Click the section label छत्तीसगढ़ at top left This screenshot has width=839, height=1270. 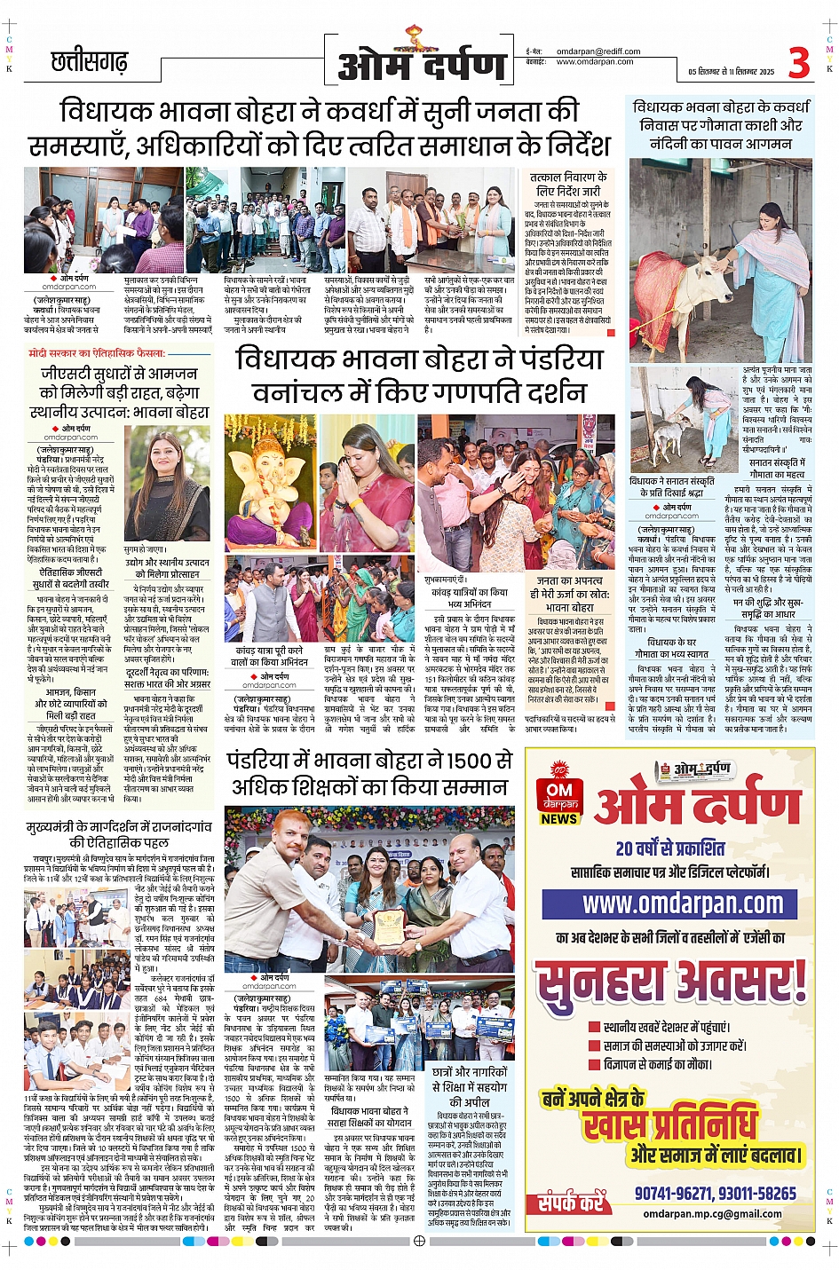click(89, 62)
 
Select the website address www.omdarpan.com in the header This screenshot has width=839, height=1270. click(595, 62)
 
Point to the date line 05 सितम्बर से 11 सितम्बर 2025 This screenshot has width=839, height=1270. click(731, 72)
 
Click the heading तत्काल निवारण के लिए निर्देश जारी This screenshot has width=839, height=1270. click(568, 184)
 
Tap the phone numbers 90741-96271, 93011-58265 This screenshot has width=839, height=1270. click(715, 1194)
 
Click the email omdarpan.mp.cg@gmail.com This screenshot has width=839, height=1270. click(712, 1213)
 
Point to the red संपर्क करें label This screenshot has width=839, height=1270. click(570, 1203)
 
